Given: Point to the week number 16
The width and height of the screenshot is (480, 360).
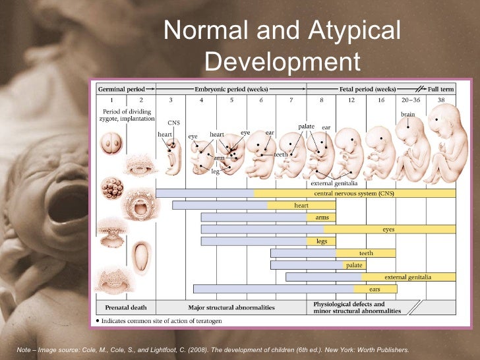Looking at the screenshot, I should [380, 100].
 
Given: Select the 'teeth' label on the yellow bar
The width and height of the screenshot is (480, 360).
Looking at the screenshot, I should [366, 253].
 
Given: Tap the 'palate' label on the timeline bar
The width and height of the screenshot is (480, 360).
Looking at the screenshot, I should [354, 265].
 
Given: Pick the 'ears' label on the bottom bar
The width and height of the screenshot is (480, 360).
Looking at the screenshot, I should [375, 289].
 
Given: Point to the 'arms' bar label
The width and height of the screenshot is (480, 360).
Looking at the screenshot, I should [322, 217].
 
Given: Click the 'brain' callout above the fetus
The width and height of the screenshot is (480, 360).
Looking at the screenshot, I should [408, 114].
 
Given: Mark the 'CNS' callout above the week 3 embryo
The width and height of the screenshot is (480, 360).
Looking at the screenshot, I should [173, 123].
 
